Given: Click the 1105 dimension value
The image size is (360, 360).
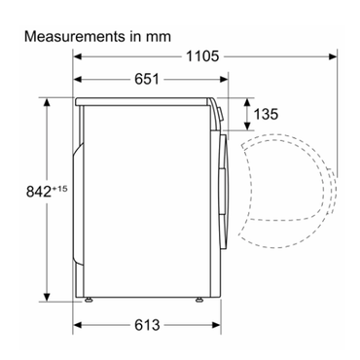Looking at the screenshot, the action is click(202, 56).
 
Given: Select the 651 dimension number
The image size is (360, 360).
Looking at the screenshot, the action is click(147, 79).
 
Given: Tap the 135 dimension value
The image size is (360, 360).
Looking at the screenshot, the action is click(266, 114).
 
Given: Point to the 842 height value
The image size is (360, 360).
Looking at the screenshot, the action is click(39, 192).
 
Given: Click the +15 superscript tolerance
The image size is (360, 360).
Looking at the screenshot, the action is click(59, 189).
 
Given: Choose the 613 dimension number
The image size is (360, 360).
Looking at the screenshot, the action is click(147, 325).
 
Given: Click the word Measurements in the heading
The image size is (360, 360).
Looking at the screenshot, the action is click(75, 36).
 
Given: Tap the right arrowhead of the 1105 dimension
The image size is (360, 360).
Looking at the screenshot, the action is click(333, 56).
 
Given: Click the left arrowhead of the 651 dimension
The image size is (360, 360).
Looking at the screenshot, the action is click(78, 79).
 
